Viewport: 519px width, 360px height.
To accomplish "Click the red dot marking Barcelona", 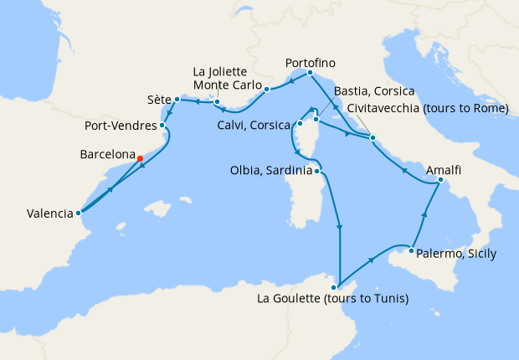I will [x=140, y=158].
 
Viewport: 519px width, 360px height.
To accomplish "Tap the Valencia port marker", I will [x=78, y=213].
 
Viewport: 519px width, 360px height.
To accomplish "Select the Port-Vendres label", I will [x=121, y=127].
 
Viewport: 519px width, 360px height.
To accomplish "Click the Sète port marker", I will [x=177, y=100].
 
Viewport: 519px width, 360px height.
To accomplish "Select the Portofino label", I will [x=310, y=63].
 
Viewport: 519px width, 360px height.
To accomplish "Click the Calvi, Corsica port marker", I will [x=299, y=124].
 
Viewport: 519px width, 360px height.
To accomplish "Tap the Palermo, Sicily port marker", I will [x=412, y=249].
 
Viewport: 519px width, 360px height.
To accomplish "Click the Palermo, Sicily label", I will [x=458, y=254].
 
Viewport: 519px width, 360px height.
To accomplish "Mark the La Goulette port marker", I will [x=334, y=287].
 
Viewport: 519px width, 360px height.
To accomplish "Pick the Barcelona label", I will [x=107, y=155].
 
